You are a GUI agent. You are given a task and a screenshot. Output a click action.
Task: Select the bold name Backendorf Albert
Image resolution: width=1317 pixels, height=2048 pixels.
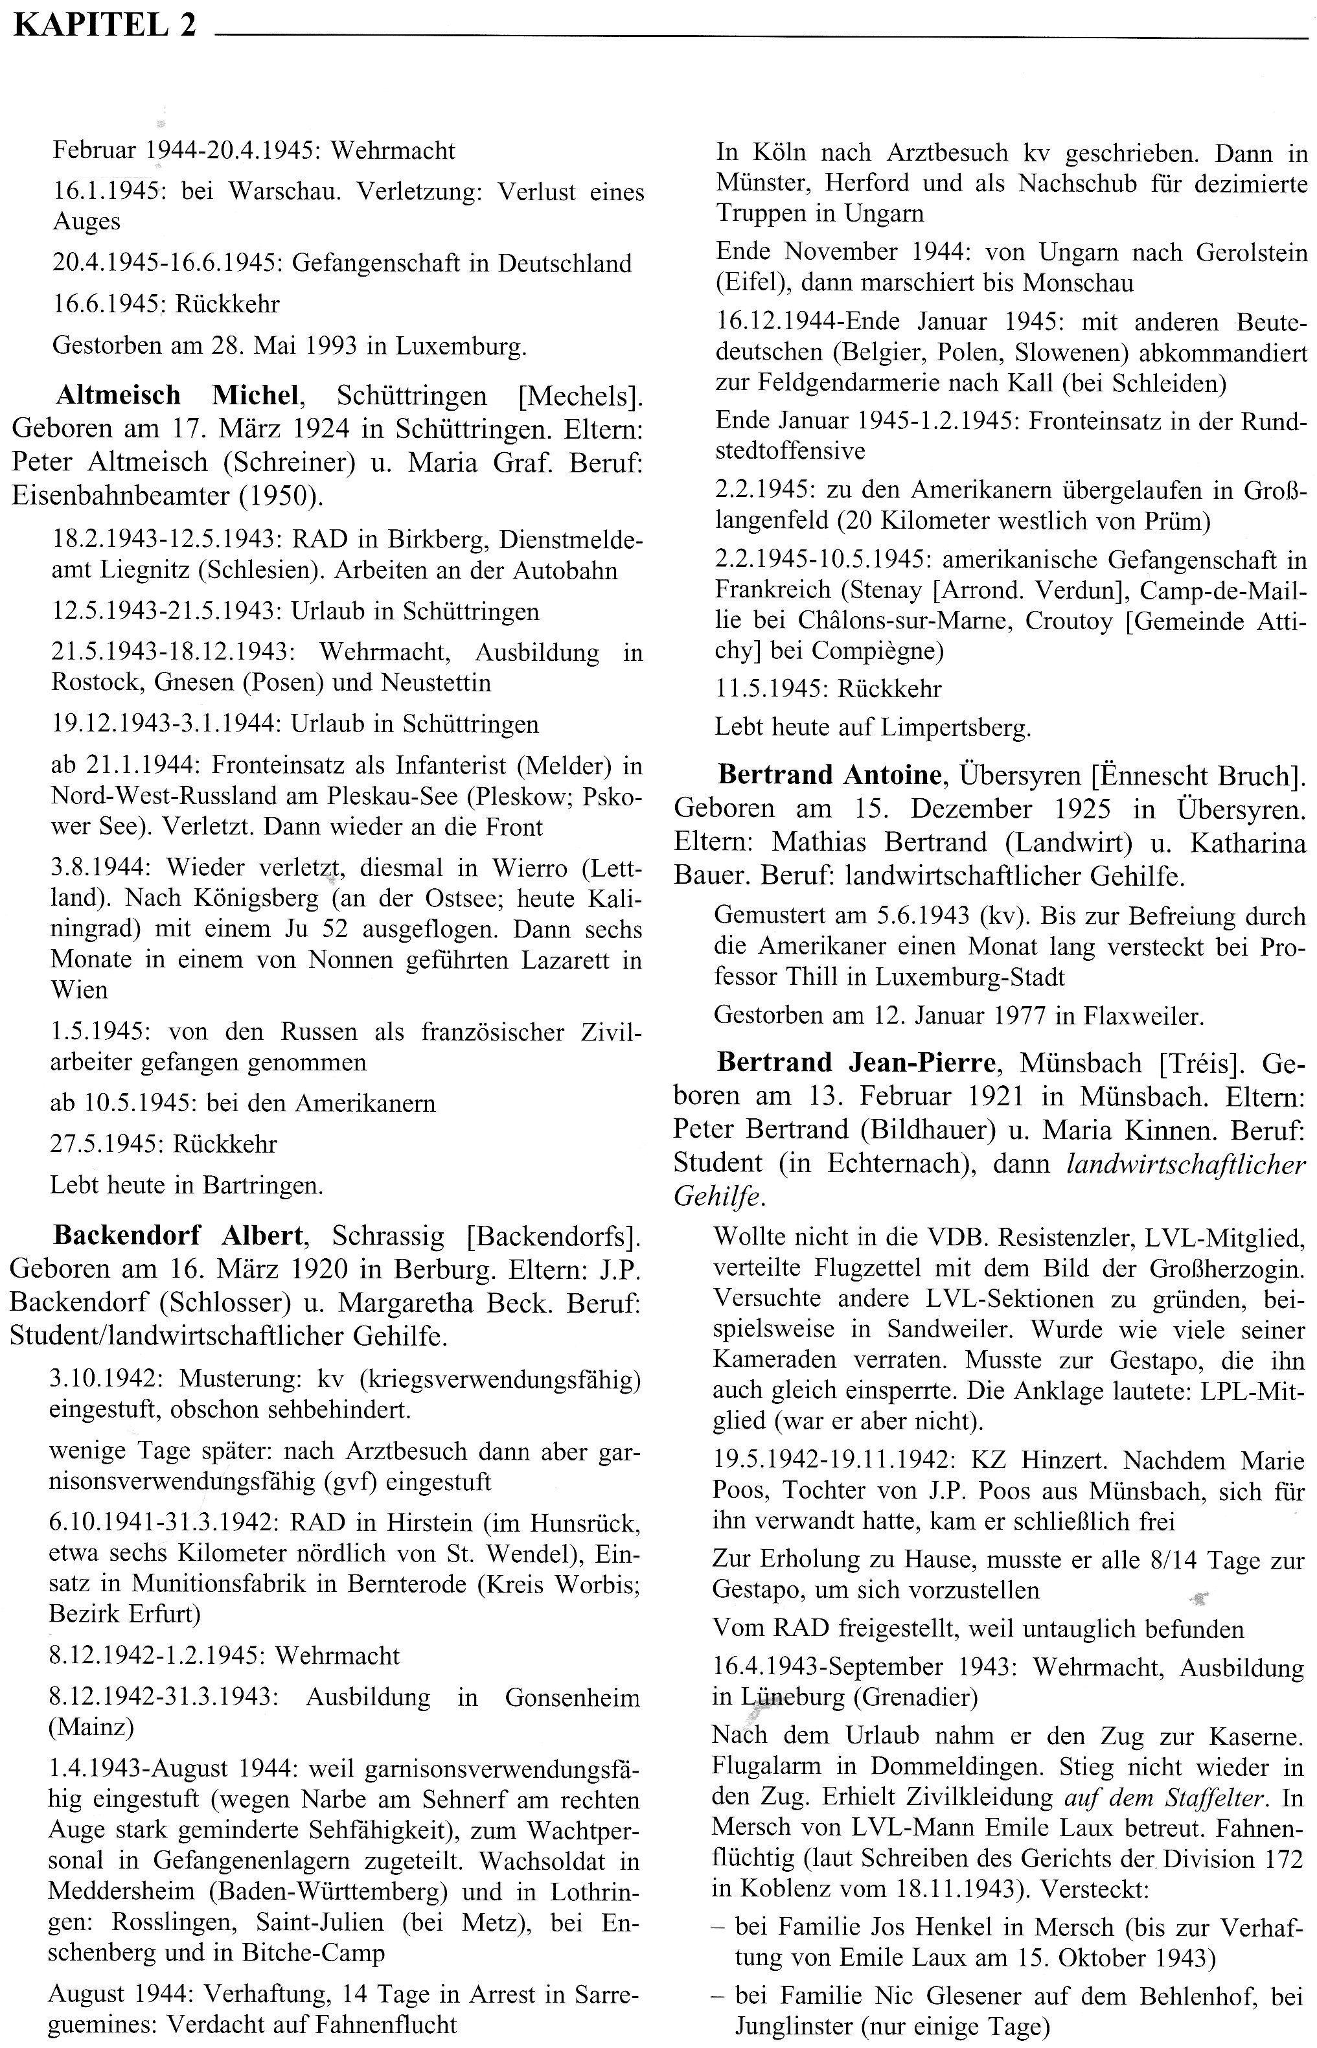click(178, 1235)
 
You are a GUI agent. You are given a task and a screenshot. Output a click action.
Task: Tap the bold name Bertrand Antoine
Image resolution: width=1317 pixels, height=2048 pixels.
click(830, 775)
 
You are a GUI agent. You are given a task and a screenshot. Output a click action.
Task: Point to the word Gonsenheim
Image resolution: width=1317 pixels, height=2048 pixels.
click(572, 1697)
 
